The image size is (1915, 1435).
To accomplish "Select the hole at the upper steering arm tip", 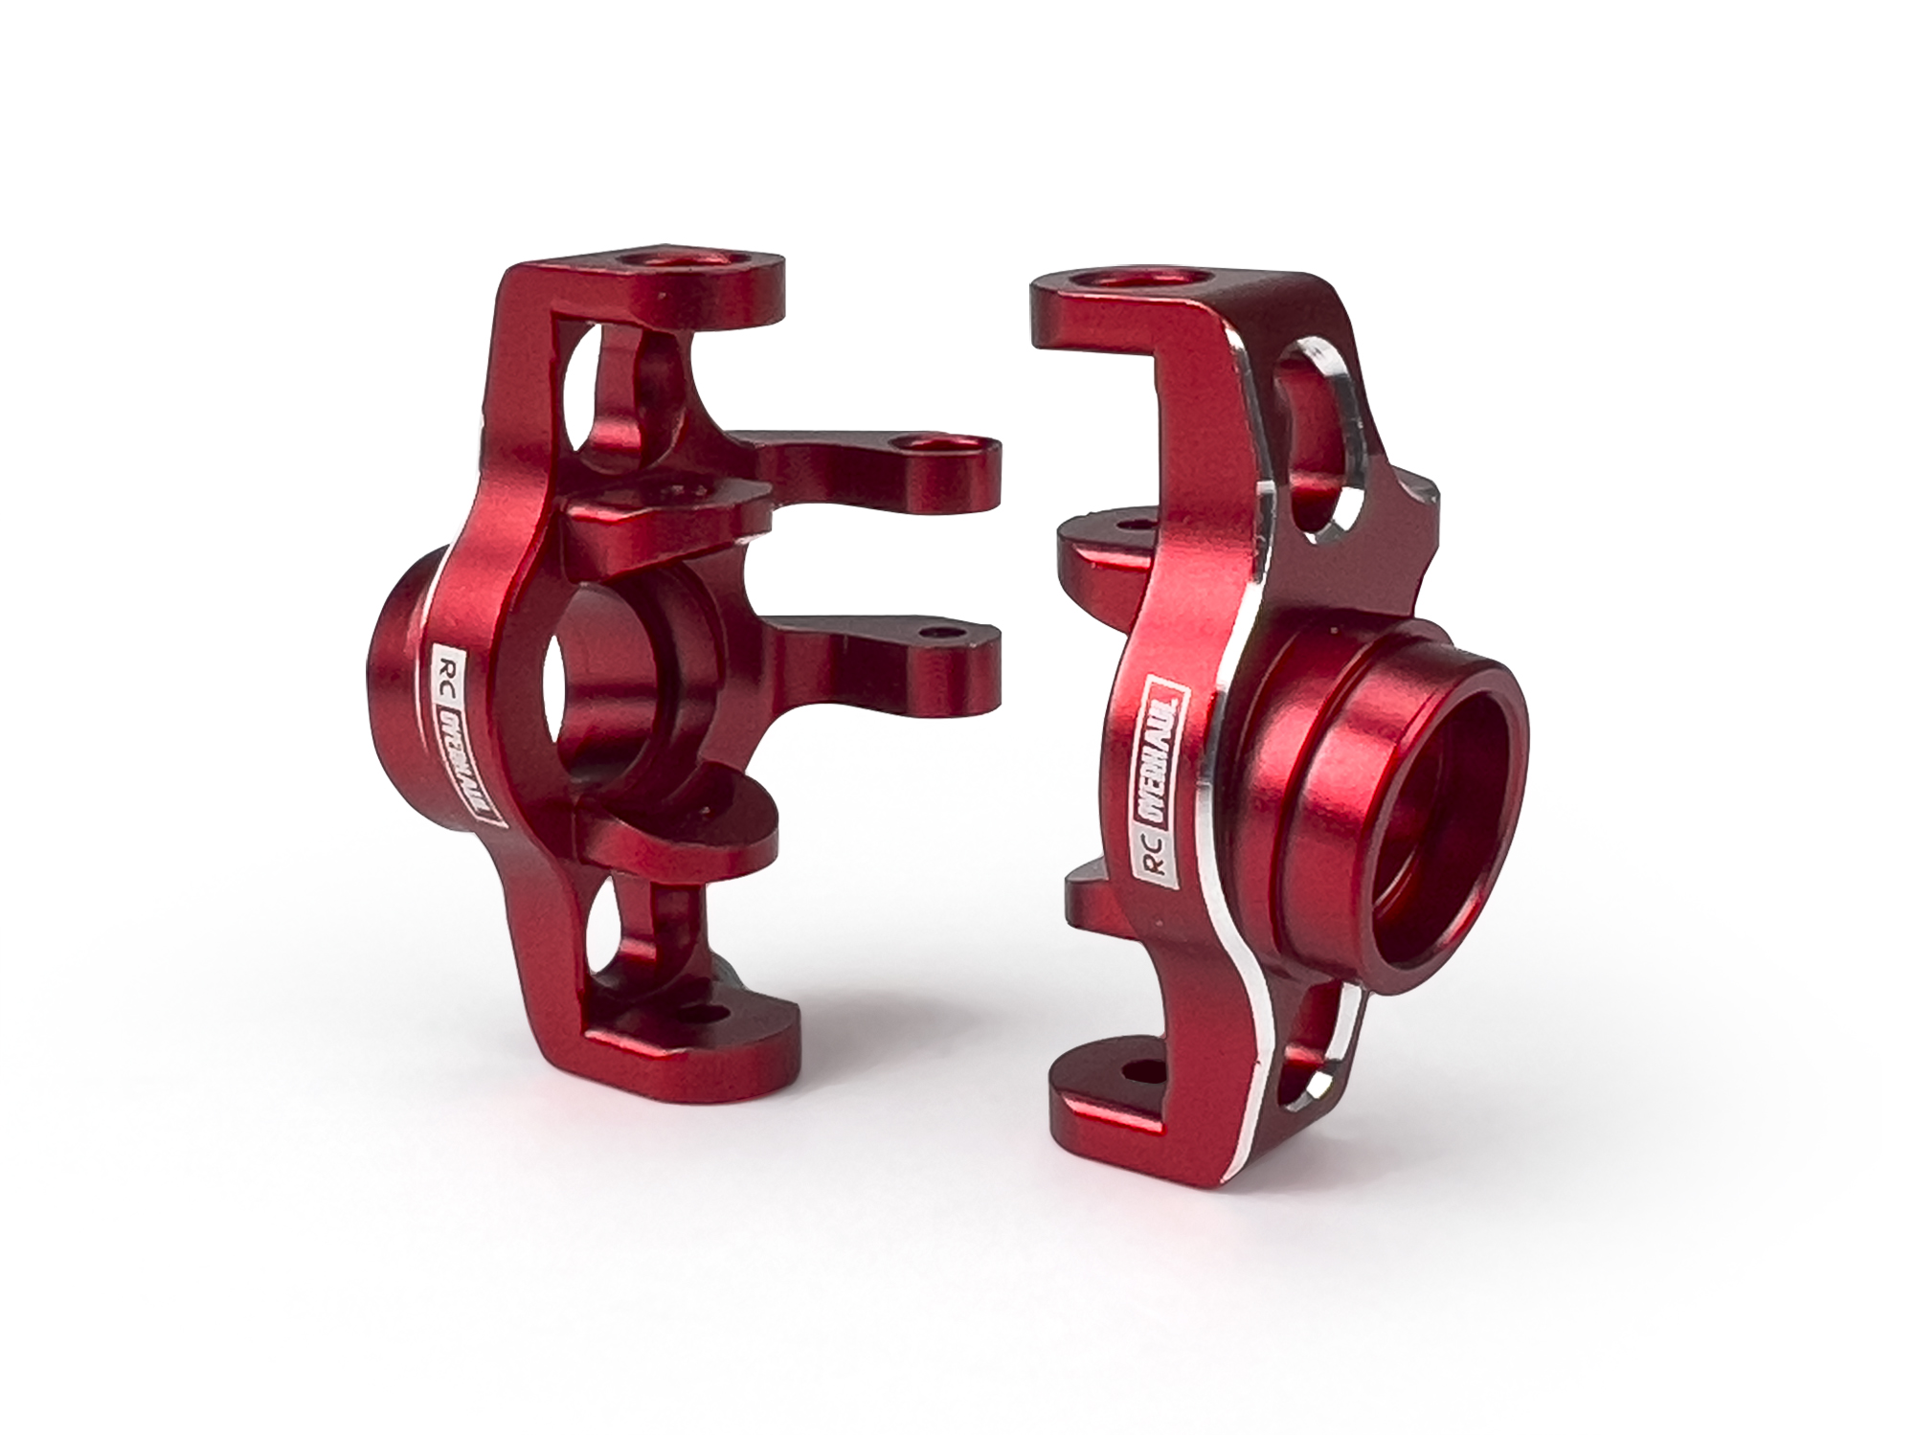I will pyautogui.click(x=930, y=443).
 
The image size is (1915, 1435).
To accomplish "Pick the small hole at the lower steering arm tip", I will pyautogui.click(x=935, y=634).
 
